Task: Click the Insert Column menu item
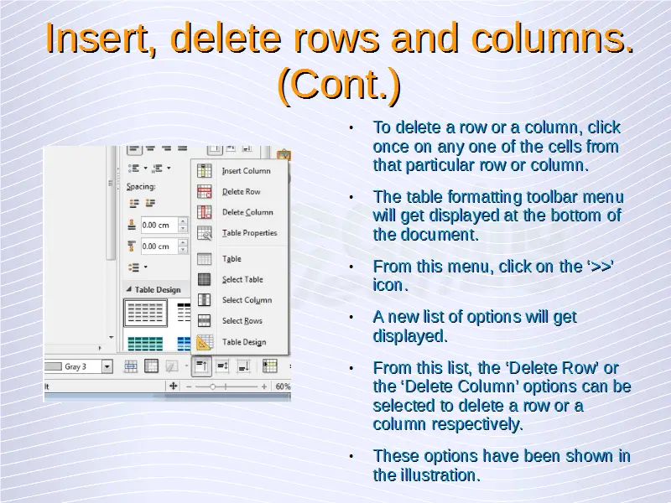(x=246, y=171)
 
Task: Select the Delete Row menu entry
(x=241, y=192)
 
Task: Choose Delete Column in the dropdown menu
(x=247, y=212)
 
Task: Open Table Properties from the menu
(x=249, y=233)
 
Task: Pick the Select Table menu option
(x=242, y=279)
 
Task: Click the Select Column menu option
(x=247, y=300)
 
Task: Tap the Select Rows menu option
(x=242, y=321)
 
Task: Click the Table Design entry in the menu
(x=244, y=342)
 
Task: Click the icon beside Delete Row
(x=204, y=192)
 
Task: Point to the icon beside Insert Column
(x=204, y=171)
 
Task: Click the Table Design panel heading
(x=158, y=289)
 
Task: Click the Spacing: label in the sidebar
(x=141, y=186)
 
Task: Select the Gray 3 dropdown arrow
(x=107, y=366)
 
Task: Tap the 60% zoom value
(x=283, y=386)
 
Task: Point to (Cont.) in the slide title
(x=340, y=84)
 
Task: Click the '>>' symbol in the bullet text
(x=600, y=266)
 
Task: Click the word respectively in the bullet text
(x=477, y=424)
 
